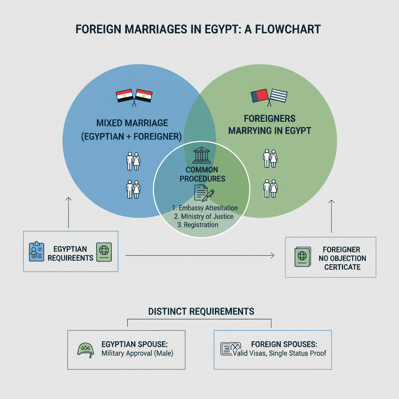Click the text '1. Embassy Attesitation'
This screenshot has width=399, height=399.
click(205, 208)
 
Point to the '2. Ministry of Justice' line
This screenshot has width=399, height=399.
click(204, 216)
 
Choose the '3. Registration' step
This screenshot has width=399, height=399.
click(198, 225)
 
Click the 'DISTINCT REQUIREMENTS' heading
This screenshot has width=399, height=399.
click(201, 311)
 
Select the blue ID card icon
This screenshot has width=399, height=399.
click(37, 251)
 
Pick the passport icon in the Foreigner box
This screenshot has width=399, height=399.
click(302, 257)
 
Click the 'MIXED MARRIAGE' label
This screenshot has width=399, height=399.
click(132, 123)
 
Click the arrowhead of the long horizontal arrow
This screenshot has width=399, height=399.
click(272, 256)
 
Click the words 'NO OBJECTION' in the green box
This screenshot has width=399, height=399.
click(342, 258)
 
